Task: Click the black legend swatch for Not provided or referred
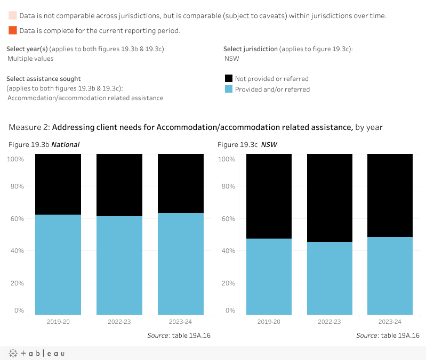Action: pos(229,78)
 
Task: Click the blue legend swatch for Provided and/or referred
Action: pos(229,89)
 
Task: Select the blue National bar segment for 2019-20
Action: pos(58,264)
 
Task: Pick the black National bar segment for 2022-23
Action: pos(119,185)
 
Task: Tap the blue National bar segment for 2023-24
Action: pos(181,264)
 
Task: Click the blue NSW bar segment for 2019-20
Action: pos(269,276)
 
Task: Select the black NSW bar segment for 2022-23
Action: pos(329,198)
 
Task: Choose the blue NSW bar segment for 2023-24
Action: pos(390,275)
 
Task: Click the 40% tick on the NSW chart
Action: pos(227,251)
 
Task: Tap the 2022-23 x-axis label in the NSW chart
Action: pos(329,322)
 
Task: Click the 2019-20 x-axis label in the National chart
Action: pos(58,322)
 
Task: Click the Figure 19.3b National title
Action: pos(44,145)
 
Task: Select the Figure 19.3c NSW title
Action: pos(247,145)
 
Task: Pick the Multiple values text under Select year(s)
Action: pos(30,59)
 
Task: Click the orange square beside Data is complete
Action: pos(12,30)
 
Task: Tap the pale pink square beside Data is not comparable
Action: pos(12,15)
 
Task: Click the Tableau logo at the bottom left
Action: pos(37,353)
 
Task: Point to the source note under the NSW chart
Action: pos(388,336)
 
